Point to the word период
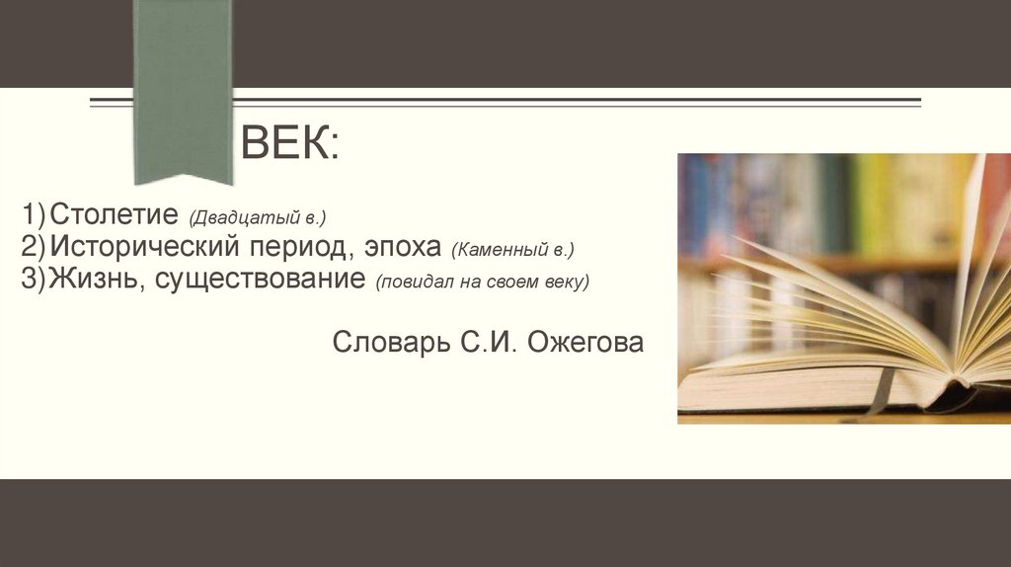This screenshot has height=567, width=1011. pos(296,246)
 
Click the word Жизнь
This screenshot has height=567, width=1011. pos(97,279)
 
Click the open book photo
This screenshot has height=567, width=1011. pos(843,288)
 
